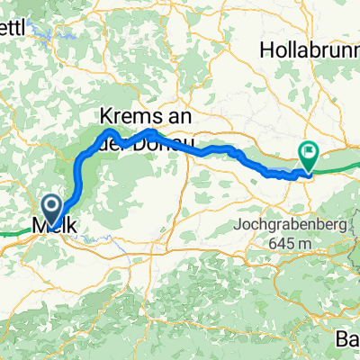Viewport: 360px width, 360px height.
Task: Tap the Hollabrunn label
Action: (x=309, y=46)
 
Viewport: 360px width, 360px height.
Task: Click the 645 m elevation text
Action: (x=288, y=243)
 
